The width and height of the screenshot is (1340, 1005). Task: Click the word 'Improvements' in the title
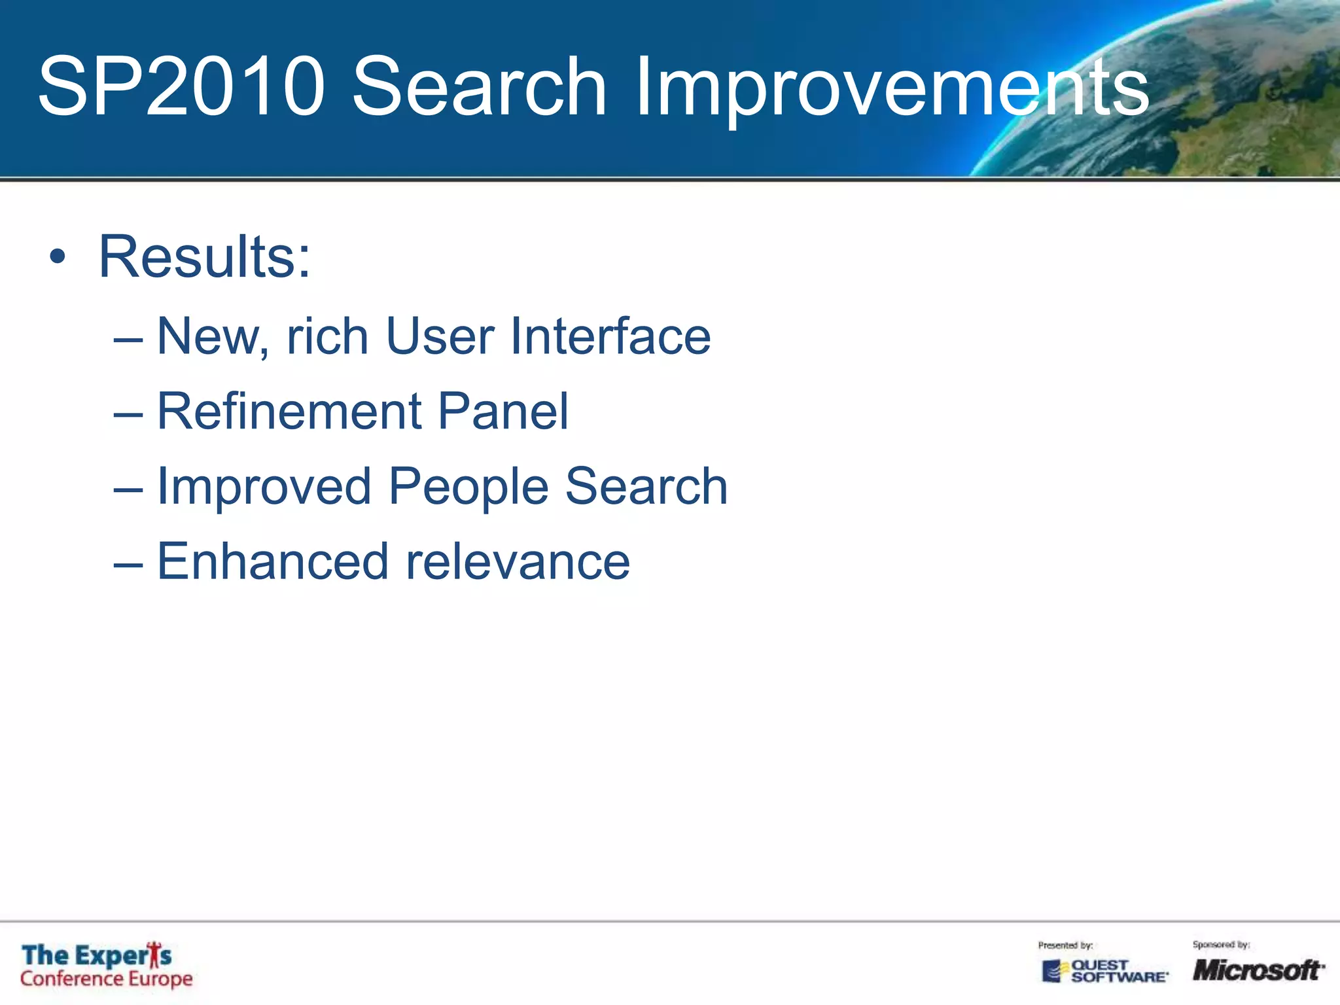(891, 88)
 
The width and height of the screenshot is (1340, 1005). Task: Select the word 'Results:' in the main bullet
(205, 257)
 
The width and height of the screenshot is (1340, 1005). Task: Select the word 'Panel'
(502, 412)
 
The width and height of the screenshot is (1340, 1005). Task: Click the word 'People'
(468, 487)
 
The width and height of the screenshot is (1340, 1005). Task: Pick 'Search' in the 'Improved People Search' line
(646, 487)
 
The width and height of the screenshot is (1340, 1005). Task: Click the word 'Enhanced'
(273, 562)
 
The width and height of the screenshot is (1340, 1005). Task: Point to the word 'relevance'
(518, 563)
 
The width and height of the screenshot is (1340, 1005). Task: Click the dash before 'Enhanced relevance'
(128, 563)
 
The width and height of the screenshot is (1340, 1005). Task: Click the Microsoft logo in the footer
(1258, 970)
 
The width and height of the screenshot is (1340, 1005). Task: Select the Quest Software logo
(1105, 971)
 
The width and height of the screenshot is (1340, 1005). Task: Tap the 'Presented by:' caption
(1065, 945)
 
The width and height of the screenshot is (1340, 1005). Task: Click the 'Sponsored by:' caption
(1221, 944)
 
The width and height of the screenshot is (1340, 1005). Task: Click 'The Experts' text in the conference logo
(97, 955)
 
